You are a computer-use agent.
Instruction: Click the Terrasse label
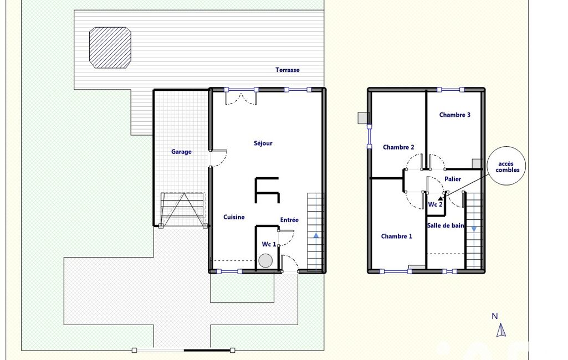[x=287, y=70]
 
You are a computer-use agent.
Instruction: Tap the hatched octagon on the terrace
[x=110, y=48]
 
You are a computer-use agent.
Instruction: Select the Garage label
[x=182, y=152]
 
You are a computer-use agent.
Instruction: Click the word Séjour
[x=263, y=143]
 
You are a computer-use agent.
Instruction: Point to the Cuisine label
[x=234, y=217]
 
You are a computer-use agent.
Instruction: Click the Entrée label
[x=289, y=220]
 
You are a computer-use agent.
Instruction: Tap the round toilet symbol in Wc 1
[x=265, y=261]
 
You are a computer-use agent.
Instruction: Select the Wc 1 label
[x=269, y=244]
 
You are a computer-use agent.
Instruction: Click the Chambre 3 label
[x=454, y=115]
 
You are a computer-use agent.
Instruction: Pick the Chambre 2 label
[x=398, y=147]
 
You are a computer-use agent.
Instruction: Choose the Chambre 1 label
[x=397, y=236]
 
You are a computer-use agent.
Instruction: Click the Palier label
[x=453, y=179]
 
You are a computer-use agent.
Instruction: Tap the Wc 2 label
[x=435, y=204]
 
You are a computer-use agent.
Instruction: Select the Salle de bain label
[x=446, y=225]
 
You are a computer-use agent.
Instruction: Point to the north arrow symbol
[x=502, y=330]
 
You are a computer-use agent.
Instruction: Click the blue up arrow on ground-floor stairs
[x=316, y=236]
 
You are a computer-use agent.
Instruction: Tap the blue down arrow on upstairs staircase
[x=474, y=229]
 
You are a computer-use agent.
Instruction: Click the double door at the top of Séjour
[x=241, y=98]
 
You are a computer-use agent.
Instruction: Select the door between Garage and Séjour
[x=218, y=158]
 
